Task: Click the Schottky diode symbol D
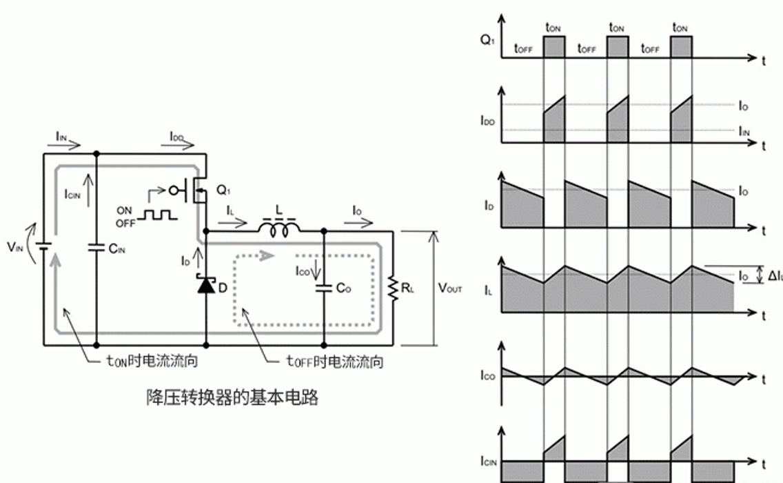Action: coord(206,285)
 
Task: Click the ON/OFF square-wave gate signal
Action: coord(158,214)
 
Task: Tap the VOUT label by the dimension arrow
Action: coord(450,288)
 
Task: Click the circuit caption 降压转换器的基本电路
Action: coord(232,398)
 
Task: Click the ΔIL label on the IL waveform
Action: coord(775,275)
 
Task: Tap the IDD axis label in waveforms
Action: coord(487,120)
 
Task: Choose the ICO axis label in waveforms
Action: coord(487,377)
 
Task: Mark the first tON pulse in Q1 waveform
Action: coord(553,48)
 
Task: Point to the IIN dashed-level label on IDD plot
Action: coord(744,130)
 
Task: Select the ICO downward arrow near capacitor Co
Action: coord(316,267)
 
